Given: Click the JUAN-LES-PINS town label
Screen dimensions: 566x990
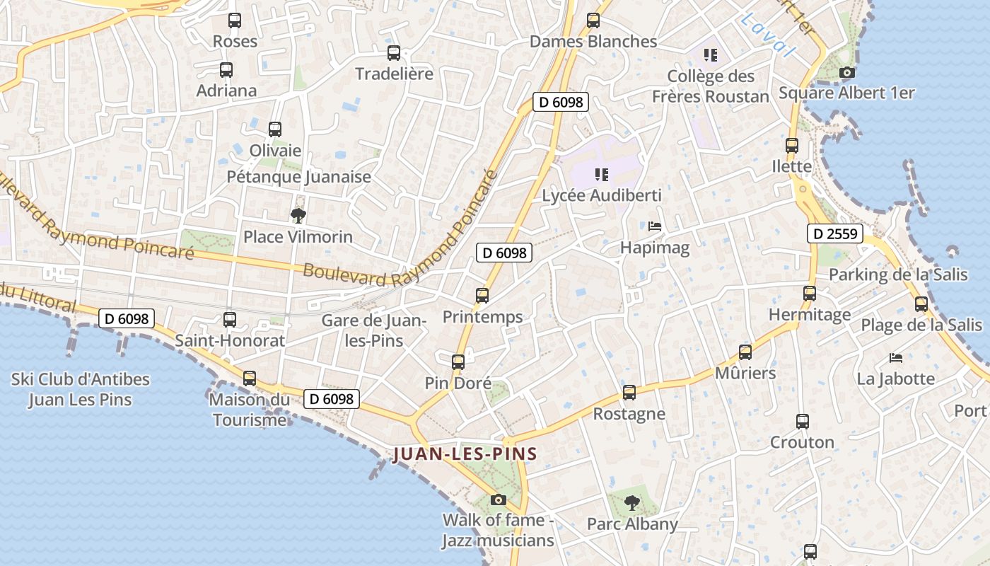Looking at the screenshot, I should tap(465, 454).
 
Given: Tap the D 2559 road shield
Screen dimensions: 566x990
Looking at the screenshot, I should tap(836, 233).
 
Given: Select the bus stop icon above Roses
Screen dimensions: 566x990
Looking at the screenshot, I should tap(235, 21).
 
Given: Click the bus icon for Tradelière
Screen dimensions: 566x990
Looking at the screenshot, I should tap(394, 53).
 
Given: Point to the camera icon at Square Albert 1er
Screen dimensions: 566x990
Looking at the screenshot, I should tap(846, 72).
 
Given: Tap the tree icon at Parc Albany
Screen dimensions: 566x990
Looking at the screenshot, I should tap(632, 503).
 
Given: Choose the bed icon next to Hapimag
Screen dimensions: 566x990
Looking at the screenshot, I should tap(655, 226).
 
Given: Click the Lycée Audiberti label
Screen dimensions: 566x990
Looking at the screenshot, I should tap(602, 195).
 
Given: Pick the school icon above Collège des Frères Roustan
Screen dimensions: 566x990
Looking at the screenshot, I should tap(711, 55).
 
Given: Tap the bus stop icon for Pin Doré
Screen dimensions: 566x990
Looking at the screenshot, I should tap(458, 362).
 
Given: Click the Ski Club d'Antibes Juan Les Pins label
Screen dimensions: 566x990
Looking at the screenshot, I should tap(80, 389).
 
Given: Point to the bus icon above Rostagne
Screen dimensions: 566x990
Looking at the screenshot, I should tap(629, 393).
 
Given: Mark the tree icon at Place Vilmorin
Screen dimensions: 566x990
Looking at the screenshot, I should tap(298, 215).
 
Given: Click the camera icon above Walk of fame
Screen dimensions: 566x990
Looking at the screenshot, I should tap(499, 499).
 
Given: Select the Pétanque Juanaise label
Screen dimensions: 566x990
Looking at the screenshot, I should tap(298, 177).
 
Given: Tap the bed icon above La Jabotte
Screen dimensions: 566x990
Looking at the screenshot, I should tap(896, 357).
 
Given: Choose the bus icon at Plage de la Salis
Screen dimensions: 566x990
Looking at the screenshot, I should tap(921, 304).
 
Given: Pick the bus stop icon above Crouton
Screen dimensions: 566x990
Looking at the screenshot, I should tap(803, 422).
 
